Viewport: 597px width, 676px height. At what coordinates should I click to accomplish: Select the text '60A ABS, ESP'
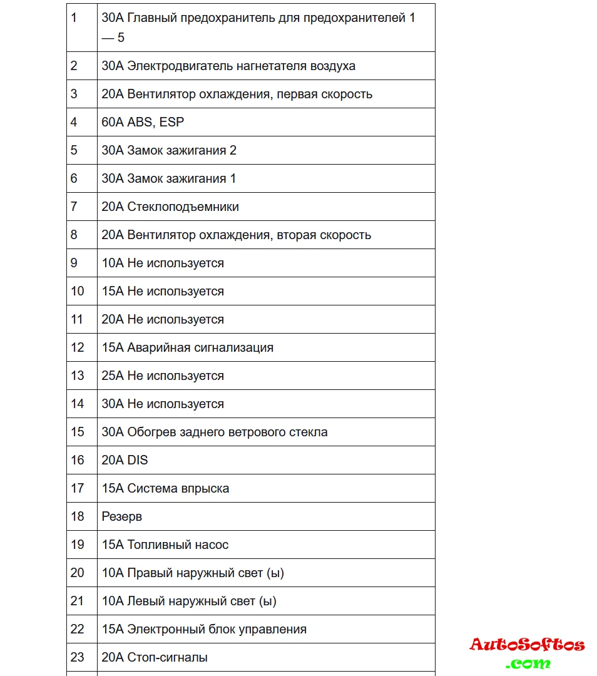point(143,122)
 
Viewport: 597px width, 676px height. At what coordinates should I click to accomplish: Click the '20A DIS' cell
point(125,460)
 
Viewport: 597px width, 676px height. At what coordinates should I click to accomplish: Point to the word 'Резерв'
point(122,516)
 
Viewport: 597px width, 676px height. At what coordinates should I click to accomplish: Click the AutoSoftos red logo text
point(527,645)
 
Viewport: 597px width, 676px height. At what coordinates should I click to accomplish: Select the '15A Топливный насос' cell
point(165,545)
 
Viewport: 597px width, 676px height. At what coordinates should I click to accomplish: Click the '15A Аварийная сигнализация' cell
point(188,347)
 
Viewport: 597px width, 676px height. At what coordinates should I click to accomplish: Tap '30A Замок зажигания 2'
point(169,150)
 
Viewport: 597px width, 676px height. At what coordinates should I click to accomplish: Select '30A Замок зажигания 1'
point(169,178)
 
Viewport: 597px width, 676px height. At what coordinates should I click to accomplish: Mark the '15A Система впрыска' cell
point(165,488)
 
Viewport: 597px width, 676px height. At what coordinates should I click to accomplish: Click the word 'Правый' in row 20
point(150,573)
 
